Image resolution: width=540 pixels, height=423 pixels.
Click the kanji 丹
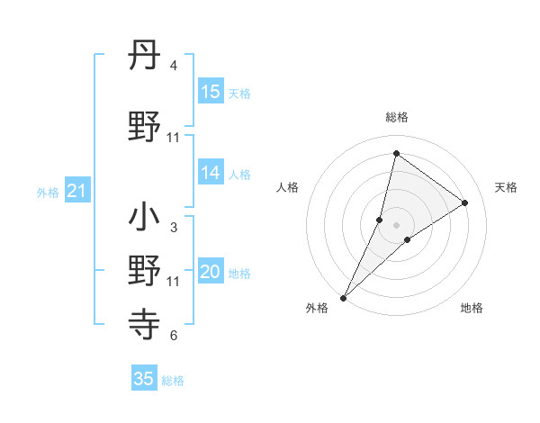(x=145, y=57)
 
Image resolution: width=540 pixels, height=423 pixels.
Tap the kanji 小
(x=145, y=217)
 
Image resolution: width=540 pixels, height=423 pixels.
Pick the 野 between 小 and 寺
(x=145, y=269)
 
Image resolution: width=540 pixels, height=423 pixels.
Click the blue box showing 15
(x=211, y=91)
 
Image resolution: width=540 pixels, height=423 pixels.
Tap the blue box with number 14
(x=211, y=174)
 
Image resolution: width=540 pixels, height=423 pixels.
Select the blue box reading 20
(x=211, y=273)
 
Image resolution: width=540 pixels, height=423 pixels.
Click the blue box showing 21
(x=76, y=190)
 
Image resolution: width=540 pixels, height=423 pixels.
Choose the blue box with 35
(x=144, y=379)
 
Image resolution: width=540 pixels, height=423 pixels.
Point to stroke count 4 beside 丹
(x=173, y=67)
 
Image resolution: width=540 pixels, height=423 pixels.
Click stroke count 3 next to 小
(x=173, y=228)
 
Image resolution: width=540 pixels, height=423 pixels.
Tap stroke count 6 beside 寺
(x=173, y=336)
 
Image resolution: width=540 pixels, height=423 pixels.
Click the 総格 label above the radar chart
(x=396, y=117)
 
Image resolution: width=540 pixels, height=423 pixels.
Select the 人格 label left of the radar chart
(x=287, y=187)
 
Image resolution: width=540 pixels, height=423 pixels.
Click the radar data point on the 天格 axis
(x=465, y=203)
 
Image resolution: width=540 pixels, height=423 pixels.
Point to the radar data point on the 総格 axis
(x=396, y=153)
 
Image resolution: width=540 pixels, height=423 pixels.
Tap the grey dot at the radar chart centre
(x=396, y=225)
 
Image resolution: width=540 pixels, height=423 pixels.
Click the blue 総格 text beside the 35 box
(x=173, y=381)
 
